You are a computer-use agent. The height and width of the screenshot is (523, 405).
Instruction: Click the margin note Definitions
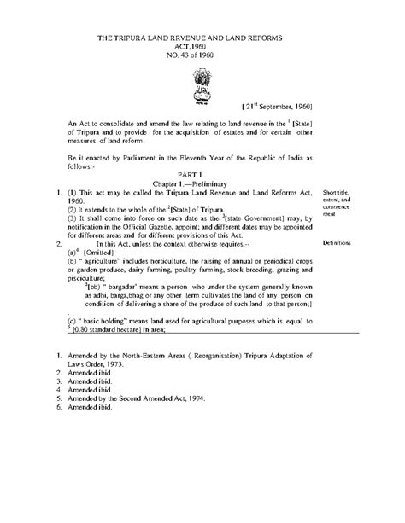(340, 243)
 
